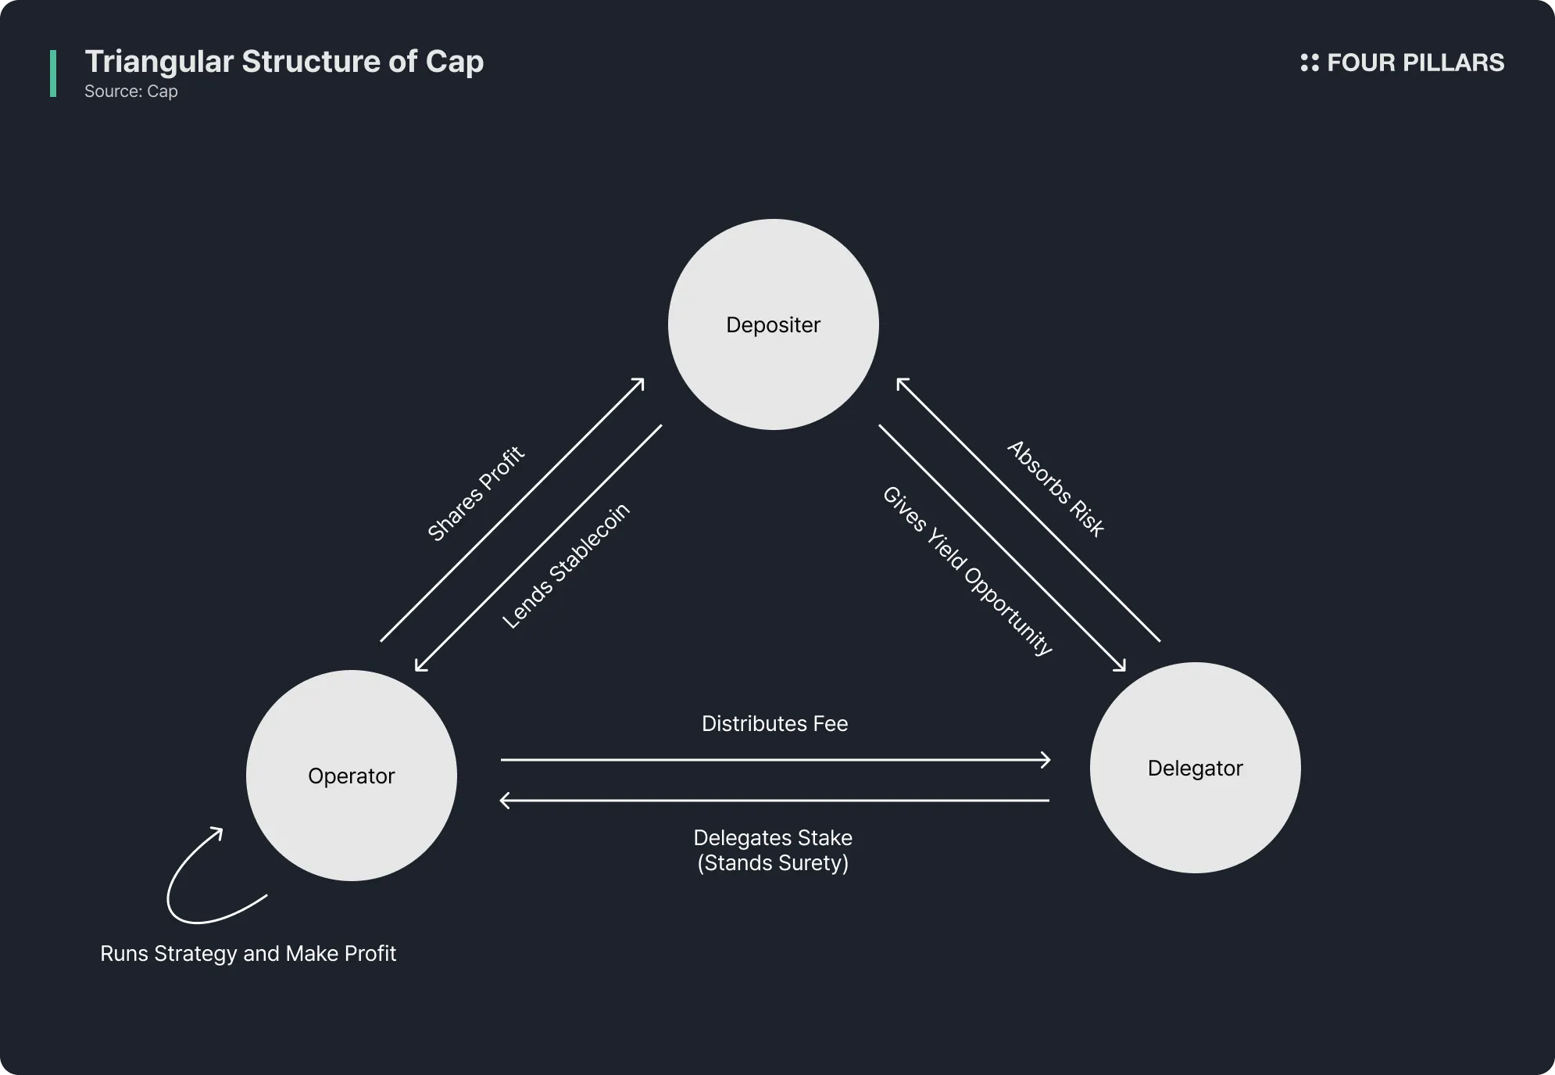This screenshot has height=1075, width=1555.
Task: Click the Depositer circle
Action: point(773,324)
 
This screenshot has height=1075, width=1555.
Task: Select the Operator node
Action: point(351,776)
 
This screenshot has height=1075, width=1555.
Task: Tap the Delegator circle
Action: point(1195,768)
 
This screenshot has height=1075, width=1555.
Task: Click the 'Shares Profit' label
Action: point(476,494)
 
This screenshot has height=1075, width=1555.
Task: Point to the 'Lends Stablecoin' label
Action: point(566,566)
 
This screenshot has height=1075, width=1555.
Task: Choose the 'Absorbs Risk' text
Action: point(1056,489)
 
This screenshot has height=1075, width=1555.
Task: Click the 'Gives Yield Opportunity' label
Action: point(968,571)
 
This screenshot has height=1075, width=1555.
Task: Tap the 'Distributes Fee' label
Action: point(774,724)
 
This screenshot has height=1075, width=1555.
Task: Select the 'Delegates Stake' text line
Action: point(773,838)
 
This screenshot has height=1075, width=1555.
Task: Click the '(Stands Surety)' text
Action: point(773,863)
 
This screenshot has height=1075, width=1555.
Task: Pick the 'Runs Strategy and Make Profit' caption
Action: point(248,954)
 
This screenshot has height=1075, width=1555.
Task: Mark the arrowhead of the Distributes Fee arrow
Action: point(1046,759)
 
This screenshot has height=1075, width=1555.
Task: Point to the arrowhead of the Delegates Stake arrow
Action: point(505,801)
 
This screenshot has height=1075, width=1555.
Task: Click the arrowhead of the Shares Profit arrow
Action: point(639,382)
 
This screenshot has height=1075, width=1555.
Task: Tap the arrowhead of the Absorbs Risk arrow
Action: point(901,382)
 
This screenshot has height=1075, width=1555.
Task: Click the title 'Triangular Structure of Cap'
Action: point(284,62)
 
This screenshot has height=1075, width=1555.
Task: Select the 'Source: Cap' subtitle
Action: point(131,91)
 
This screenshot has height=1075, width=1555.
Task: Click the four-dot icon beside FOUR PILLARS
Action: point(1309,63)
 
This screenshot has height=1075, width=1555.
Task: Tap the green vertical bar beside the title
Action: point(53,73)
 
